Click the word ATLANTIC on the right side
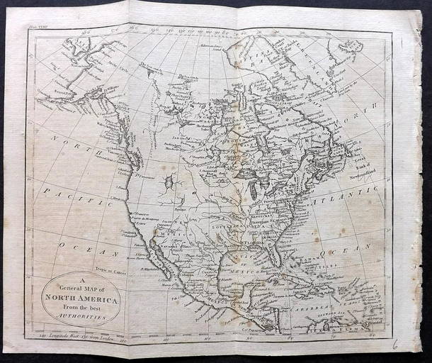point(340,184)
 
